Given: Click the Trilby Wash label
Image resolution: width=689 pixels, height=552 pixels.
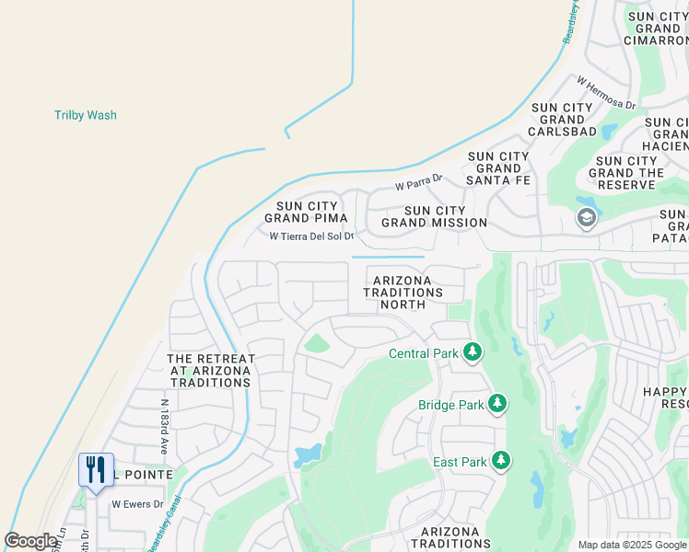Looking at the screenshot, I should click(x=86, y=115).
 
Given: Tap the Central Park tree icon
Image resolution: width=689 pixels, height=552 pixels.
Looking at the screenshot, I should click(x=473, y=352).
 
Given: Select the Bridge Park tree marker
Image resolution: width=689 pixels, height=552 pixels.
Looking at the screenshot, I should click(x=497, y=404).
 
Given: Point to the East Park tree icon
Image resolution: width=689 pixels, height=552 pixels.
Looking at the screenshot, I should click(x=500, y=460).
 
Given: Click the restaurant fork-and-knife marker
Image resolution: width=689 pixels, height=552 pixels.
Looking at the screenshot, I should click(x=96, y=470).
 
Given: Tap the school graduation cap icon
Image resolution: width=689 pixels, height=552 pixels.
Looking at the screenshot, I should click(x=585, y=219).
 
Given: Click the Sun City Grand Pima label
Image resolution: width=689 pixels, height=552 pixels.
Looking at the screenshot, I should click(x=306, y=212).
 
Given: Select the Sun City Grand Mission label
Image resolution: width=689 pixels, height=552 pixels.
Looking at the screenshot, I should click(x=434, y=216).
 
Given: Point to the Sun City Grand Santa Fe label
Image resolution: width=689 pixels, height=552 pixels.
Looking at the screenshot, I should click(x=498, y=168).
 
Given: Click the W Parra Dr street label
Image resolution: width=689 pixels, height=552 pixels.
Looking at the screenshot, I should click(x=419, y=184).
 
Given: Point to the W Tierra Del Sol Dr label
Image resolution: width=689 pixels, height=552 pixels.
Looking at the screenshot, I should click(x=311, y=236).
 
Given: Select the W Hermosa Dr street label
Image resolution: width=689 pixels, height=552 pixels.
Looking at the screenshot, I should click(x=606, y=94).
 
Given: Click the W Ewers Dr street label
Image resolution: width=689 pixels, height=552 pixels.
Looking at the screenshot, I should click(x=137, y=504).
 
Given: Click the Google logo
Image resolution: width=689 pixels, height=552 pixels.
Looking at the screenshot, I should click(x=30, y=541).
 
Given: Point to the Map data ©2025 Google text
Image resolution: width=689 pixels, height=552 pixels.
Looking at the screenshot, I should click(x=631, y=545).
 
